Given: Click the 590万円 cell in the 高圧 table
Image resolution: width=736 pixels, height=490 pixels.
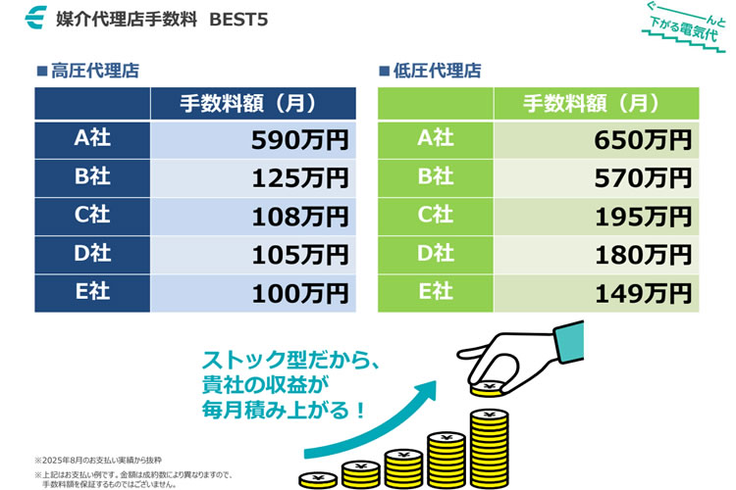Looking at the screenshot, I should (x=299, y=140).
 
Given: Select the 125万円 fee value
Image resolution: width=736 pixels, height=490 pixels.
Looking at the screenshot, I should (x=299, y=178).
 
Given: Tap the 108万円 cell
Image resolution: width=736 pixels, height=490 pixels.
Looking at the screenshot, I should (x=299, y=217).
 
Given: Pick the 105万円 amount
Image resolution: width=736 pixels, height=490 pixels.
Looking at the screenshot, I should (x=299, y=255).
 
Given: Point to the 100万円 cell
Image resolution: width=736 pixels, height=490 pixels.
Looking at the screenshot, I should (x=299, y=292).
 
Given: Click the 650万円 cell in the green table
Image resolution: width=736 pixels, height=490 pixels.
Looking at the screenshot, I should (x=643, y=140).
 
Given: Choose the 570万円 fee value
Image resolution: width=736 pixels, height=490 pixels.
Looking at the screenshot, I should (x=643, y=178).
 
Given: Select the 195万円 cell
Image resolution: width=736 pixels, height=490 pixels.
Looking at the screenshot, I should (x=643, y=217).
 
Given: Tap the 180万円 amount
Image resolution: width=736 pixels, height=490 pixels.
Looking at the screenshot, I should (x=643, y=255).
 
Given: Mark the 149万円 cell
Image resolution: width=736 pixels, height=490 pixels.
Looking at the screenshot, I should (x=643, y=292).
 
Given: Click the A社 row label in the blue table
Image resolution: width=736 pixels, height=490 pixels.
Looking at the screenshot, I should (x=92, y=139).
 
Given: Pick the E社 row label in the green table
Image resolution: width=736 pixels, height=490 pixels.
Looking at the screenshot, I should (x=436, y=291).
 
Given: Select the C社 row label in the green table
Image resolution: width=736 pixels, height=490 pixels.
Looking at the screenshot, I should (x=436, y=216).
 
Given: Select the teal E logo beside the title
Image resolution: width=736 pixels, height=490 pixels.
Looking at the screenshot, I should (x=37, y=19).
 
